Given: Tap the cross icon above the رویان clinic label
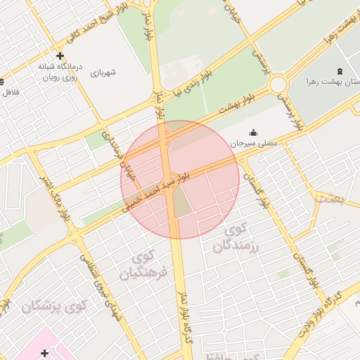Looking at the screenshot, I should (60, 56).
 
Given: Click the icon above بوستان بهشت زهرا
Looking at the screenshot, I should (341, 70).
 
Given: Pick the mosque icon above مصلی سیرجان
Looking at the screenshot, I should (253, 132).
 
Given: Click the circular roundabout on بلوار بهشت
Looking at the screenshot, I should (278, 85).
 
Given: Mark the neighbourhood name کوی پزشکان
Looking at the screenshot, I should (53, 307).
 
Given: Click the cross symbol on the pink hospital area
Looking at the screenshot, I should (45, 353).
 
